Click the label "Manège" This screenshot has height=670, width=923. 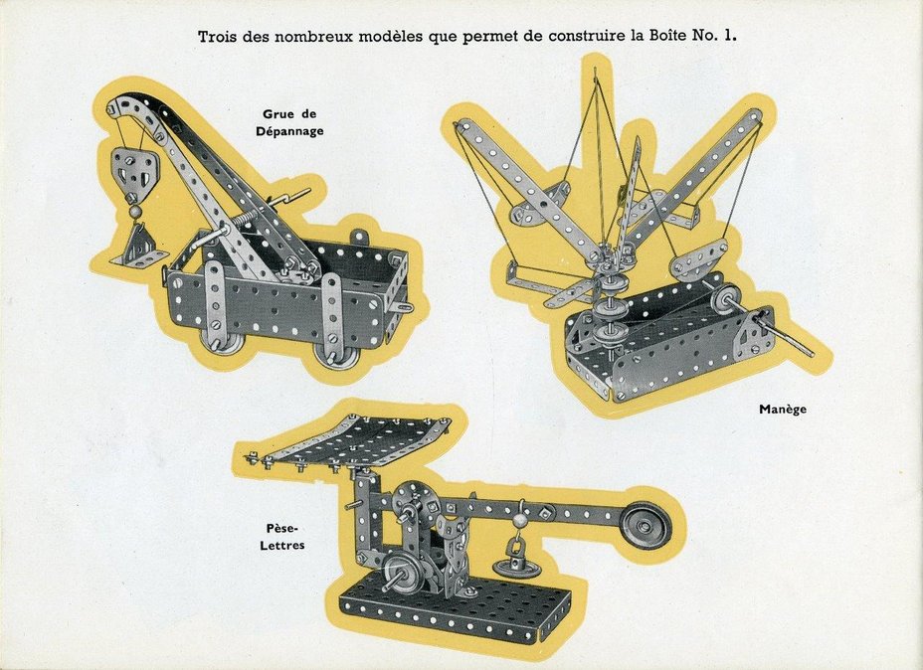coord(783,409)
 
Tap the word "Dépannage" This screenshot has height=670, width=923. coord(289,131)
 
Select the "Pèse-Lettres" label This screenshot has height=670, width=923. coord(282,536)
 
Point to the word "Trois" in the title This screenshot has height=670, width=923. coord(216,37)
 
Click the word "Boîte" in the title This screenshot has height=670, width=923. coord(667,36)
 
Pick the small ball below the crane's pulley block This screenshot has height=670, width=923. coord(136,211)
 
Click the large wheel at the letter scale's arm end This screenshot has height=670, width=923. coord(646,525)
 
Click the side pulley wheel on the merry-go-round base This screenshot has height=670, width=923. coord(725,300)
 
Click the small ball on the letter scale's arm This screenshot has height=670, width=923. coord(520,521)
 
